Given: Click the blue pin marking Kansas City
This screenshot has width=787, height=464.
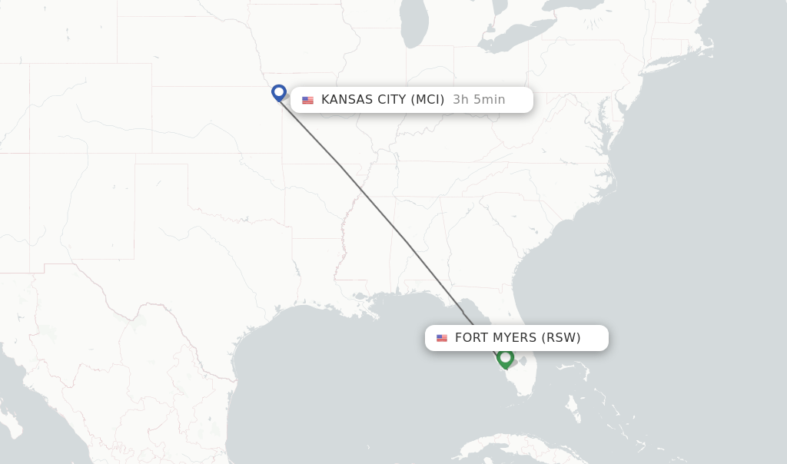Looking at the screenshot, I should [x=279, y=92].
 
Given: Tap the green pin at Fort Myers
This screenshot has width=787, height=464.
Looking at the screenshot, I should [x=505, y=357].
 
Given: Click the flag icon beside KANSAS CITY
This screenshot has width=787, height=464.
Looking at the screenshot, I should [x=308, y=100].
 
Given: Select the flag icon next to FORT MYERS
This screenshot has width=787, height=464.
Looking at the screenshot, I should [x=442, y=338].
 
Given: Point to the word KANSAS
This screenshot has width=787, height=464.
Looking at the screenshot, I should [x=347, y=100].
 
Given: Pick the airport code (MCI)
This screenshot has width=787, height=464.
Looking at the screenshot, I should [x=427, y=100].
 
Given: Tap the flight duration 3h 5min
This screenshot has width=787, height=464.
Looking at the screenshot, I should [x=479, y=100].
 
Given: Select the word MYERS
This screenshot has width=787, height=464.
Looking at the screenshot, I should [x=516, y=338].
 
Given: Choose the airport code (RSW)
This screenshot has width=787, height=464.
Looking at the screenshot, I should [x=561, y=338].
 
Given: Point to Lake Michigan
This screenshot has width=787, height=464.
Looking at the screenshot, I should [x=414, y=31].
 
